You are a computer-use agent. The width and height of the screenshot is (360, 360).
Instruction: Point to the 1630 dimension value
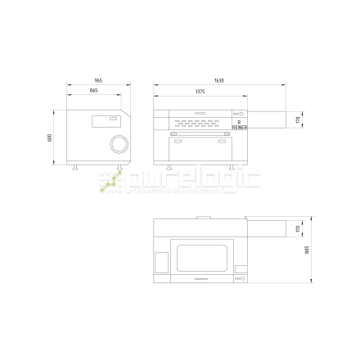218,81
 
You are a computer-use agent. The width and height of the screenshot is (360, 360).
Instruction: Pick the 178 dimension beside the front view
299,120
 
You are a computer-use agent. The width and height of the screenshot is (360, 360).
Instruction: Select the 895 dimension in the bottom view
307,251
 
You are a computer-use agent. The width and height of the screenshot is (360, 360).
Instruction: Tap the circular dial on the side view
119,144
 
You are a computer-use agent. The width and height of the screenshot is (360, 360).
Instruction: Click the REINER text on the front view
239,126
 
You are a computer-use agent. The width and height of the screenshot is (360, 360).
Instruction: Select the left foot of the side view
76,168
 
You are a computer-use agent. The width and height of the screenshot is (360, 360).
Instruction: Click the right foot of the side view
120,168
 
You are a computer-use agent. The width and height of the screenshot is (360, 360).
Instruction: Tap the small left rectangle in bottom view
162,263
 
